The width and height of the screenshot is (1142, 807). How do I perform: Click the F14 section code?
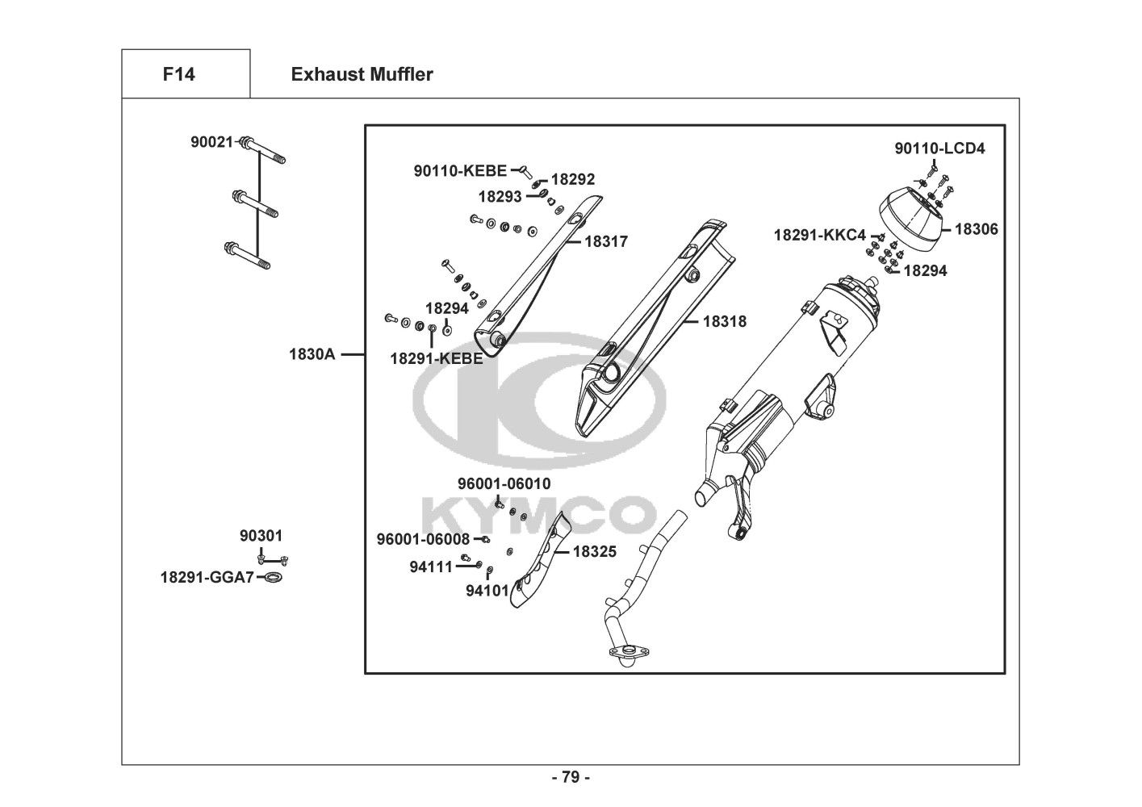point(178,75)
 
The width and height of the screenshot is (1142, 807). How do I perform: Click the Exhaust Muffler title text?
point(362,75)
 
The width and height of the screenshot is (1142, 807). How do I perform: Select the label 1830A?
point(312,353)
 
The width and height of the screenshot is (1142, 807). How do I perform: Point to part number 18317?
point(606,241)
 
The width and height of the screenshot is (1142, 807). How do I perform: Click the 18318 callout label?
point(724,321)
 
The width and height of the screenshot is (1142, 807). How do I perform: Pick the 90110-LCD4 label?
point(939,148)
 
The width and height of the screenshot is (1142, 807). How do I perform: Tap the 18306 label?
point(976,229)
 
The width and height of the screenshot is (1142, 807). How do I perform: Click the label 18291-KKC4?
point(819,235)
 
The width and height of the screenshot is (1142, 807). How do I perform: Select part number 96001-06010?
point(504,483)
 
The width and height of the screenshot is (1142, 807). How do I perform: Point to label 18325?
point(595,552)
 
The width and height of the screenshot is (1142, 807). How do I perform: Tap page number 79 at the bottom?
point(571,778)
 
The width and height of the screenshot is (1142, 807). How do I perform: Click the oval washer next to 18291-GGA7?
point(274,578)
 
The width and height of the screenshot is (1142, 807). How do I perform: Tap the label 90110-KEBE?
point(460,170)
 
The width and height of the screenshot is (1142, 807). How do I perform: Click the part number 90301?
point(261,536)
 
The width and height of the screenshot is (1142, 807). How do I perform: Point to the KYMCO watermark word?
point(539,512)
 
